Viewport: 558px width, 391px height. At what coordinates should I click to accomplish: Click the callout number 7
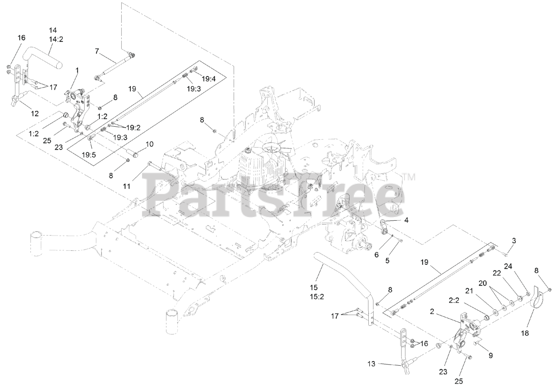pyautogui.click(x=97, y=51)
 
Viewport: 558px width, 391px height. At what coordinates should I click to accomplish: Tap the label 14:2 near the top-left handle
pyautogui.click(x=53, y=39)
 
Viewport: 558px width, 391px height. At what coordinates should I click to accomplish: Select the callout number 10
pyautogui.click(x=149, y=144)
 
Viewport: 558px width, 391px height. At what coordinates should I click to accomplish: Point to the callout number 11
pyautogui.click(x=126, y=186)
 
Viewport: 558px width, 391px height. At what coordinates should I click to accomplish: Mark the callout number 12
pyautogui.click(x=34, y=114)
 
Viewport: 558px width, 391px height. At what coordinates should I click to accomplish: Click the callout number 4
pyautogui.click(x=406, y=220)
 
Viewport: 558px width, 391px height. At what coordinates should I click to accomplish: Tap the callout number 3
pyautogui.click(x=514, y=241)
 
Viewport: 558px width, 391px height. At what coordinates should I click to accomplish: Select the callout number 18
pyautogui.click(x=524, y=333)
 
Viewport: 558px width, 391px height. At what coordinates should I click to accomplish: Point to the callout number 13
pyautogui.click(x=371, y=364)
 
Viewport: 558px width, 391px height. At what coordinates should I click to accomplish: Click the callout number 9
pyautogui.click(x=490, y=355)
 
